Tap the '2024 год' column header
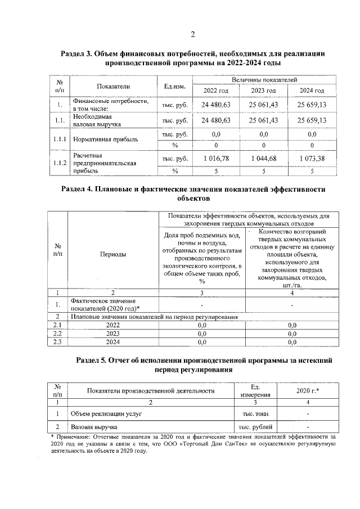(x=312, y=91)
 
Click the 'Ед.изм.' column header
(x=174, y=86)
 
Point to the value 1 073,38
(x=312, y=159)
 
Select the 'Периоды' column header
(x=112, y=254)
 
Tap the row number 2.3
(x=57, y=341)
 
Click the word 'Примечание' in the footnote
(x=72, y=436)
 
